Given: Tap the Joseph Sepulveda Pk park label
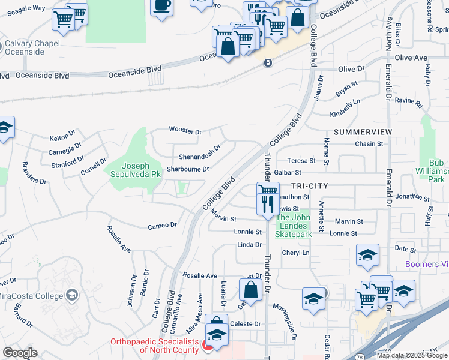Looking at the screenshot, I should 133,170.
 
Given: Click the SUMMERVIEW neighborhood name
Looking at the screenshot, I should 363,131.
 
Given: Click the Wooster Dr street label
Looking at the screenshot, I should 185,131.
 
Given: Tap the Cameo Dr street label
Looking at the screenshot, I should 162,226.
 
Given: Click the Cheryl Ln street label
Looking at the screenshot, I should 295,253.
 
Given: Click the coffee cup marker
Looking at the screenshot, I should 161,7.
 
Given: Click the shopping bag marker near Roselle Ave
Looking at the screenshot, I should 250,290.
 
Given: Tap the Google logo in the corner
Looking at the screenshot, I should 20,353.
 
